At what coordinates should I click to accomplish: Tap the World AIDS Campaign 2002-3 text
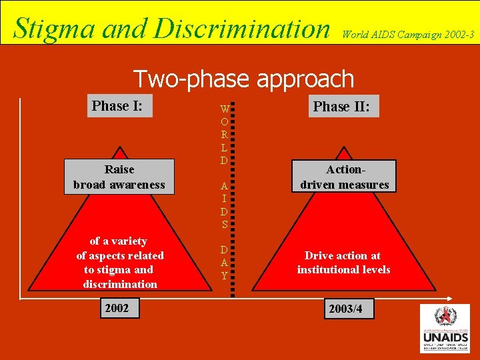(409, 33)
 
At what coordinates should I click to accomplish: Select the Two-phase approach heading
(243, 79)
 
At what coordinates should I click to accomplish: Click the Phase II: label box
(341, 106)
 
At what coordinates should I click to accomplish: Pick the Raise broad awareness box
(119, 177)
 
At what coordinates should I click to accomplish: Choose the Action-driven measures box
(344, 177)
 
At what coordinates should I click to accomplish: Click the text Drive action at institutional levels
(343, 263)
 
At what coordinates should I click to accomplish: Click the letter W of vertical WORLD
(225, 109)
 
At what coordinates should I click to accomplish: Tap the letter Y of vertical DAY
(225, 275)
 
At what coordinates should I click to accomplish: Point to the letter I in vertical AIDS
(225, 199)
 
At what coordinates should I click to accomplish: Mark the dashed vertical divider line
(234, 200)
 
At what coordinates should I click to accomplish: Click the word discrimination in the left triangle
(120, 284)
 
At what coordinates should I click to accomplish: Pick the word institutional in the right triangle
(327, 269)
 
